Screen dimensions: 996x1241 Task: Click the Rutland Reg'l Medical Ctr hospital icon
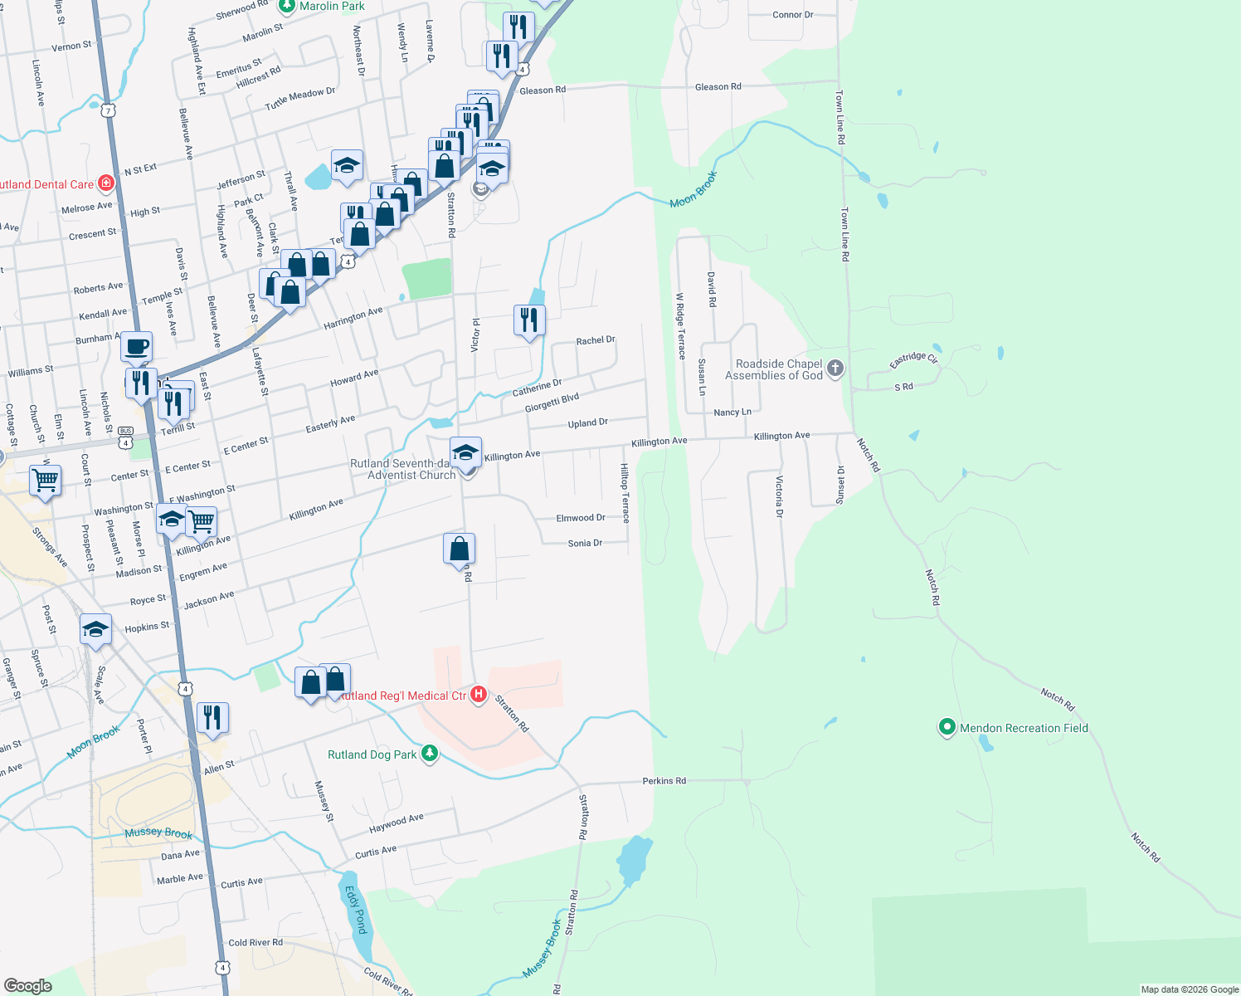click(479, 695)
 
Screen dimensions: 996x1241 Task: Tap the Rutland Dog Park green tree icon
click(429, 754)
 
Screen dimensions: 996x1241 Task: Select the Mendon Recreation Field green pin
click(947, 728)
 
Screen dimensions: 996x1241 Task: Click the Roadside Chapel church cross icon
click(835, 368)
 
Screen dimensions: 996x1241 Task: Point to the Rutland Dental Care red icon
click(105, 183)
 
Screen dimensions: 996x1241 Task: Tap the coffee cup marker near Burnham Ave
click(137, 346)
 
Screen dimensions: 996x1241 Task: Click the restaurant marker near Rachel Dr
click(529, 320)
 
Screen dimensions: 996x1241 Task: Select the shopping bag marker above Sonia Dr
click(460, 549)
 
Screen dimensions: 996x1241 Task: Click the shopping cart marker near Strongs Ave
click(45, 480)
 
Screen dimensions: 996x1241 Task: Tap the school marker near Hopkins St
click(96, 629)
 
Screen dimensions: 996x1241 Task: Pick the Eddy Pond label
click(356, 910)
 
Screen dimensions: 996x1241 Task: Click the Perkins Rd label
click(664, 781)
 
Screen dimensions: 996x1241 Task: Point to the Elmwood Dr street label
click(580, 518)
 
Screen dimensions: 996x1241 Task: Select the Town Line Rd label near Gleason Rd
click(839, 118)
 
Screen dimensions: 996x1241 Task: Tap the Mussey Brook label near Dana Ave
click(158, 833)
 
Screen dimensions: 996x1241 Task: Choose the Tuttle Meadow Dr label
click(300, 99)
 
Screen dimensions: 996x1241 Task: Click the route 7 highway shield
click(108, 110)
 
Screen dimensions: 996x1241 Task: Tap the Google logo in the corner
click(28, 986)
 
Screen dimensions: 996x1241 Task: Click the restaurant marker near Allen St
click(213, 717)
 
